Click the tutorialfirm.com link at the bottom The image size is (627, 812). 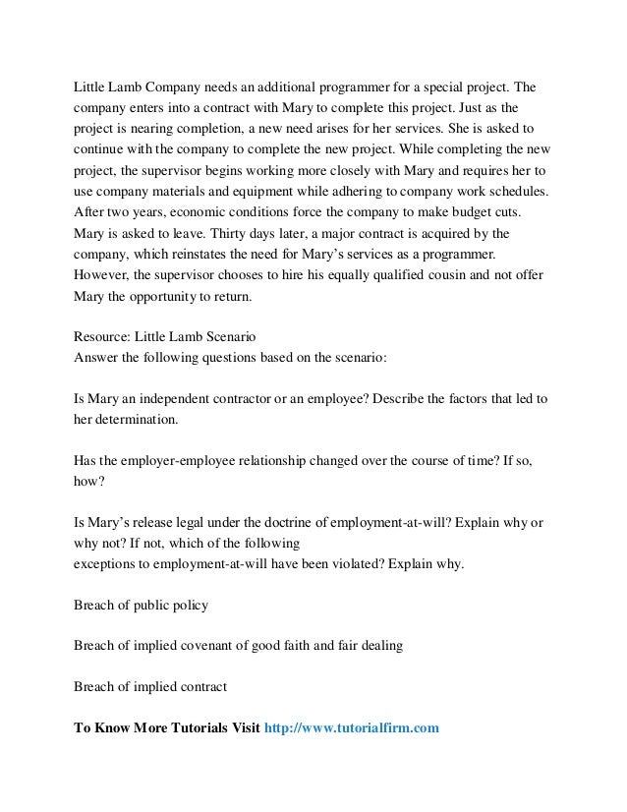tap(352, 728)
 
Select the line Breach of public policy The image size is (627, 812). tap(141, 605)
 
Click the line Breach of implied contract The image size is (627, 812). tap(150, 687)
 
